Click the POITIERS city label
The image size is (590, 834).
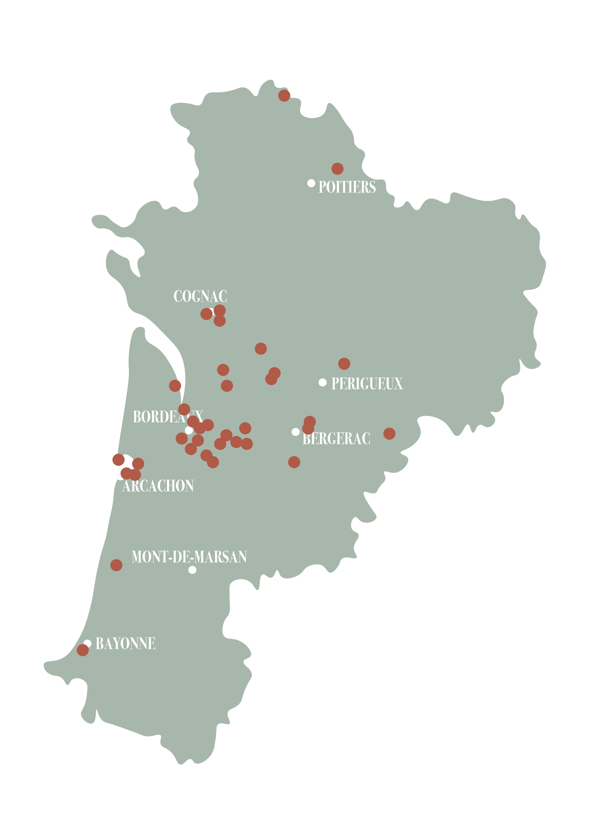pos(347,187)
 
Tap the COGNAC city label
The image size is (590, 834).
pos(200,296)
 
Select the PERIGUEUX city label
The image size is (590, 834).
pos(367,384)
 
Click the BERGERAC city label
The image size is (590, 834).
pos(336,439)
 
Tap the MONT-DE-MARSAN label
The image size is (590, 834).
pos(189,557)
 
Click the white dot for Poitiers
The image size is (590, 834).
pos(311,183)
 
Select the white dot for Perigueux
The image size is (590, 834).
pos(322,382)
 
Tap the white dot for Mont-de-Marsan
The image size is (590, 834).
pos(193,570)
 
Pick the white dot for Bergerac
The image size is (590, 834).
pos(296,432)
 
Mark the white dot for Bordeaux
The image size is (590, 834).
pos(189,430)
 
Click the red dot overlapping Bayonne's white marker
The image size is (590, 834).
pos(83,651)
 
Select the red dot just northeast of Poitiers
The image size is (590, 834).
pos(337,169)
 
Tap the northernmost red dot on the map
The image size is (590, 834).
pos(284,95)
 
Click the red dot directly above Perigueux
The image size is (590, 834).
pos(344,363)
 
